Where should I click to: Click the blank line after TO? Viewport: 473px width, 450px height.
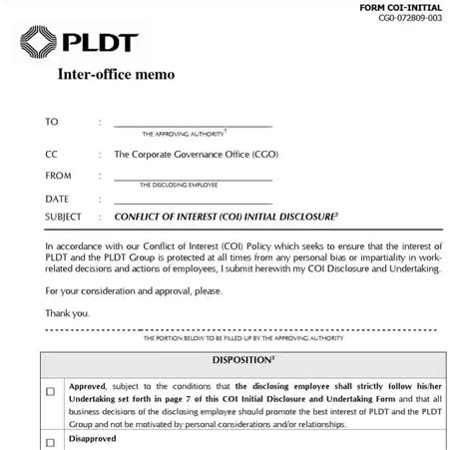tap(193, 125)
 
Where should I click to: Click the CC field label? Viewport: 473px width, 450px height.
tap(52, 155)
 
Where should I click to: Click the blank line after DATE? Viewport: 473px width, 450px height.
tap(193, 202)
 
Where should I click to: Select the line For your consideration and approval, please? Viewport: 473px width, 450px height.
tap(134, 291)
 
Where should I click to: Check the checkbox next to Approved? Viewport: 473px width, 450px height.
tap(51, 392)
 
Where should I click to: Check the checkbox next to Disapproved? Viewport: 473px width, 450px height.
tap(51, 441)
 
